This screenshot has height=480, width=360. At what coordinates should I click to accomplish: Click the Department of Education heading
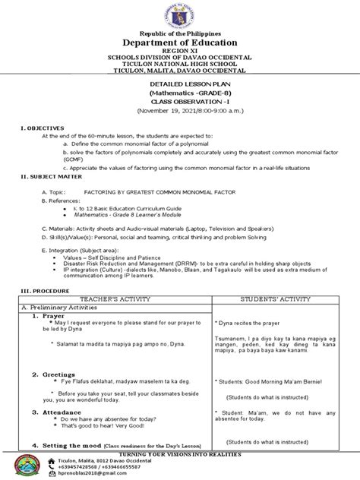pyautogui.click(x=179, y=43)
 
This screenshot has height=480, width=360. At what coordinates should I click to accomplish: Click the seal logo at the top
pyautogui.click(x=180, y=16)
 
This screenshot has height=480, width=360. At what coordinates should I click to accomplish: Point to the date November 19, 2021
pyautogui.click(x=179, y=108)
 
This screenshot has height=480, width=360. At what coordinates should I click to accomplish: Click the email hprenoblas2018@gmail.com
pyautogui.click(x=96, y=474)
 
